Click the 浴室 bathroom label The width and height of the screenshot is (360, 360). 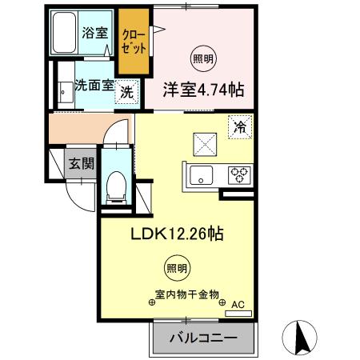pyautogui.click(x=95, y=33)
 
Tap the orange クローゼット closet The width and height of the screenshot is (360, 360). pyautogui.click(x=134, y=41)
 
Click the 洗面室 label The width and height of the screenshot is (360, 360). pyautogui.click(x=94, y=84)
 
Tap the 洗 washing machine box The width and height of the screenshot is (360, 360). pyautogui.click(x=127, y=92)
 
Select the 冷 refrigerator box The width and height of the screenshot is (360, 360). pyautogui.click(x=238, y=126)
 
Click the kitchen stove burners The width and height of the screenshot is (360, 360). pyautogui.click(x=239, y=174)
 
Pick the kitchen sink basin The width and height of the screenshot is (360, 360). pyautogui.click(x=200, y=174)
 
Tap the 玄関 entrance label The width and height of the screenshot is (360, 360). pyautogui.click(x=80, y=164)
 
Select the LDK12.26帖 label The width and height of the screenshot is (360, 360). pyautogui.click(x=177, y=234)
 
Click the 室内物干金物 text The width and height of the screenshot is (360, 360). pyautogui.click(x=188, y=295)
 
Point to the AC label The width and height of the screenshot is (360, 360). pyautogui.click(x=237, y=305)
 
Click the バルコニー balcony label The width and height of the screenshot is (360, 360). pyautogui.click(x=202, y=339)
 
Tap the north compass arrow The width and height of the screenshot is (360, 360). pyautogui.click(x=302, y=336)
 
